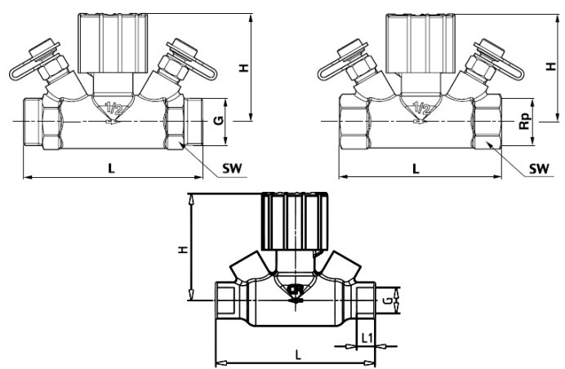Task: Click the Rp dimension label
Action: pos(525,121)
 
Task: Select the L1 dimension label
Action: pos(367,338)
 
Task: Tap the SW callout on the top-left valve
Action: pos(232,168)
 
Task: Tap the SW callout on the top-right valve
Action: pos(539,168)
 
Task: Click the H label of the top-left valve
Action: pos(244,68)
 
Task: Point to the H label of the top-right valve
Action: pos(550,66)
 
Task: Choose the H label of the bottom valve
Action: pos(185,249)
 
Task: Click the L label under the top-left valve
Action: pos(111,168)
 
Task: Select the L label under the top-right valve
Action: pos(416,168)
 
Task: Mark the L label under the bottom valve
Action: pos(298,355)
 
